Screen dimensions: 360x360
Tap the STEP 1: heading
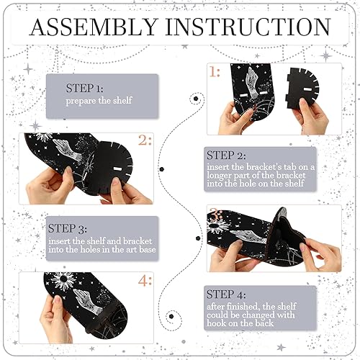[85, 88]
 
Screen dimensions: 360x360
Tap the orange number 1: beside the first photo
[215, 72]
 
